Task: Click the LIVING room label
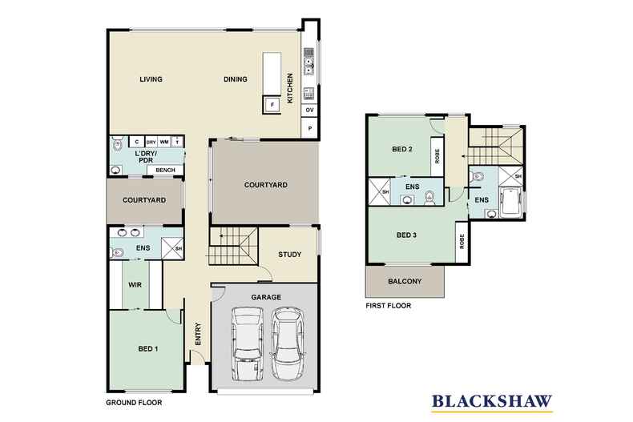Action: [x=151, y=79]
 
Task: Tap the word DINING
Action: [x=235, y=79]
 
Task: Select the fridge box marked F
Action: [x=272, y=105]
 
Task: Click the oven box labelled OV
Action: [x=309, y=110]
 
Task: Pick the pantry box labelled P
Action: [x=309, y=128]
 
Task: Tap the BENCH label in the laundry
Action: [x=166, y=170]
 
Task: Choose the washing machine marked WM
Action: [x=163, y=142]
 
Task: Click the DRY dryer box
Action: [x=150, y=142]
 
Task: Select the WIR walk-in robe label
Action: [x=135, y=284]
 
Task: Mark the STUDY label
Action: [x=289, y=255]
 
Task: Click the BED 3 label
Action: [x=408, y=235]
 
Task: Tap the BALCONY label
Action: [x=404, y=281]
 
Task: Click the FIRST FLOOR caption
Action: [x=389, y=305]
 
